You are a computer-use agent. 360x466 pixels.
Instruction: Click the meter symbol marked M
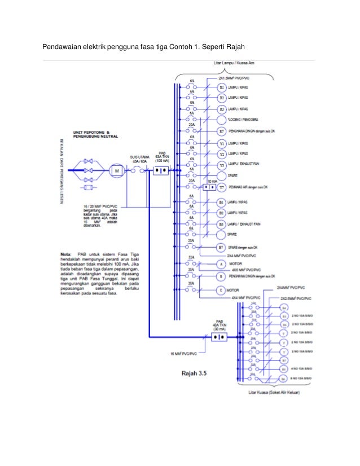pos(117,170)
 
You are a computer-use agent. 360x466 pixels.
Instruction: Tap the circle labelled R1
pos(222,89)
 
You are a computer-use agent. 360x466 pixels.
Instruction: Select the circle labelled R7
pos(222,131)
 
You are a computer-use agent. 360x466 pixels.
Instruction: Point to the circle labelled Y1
pos(222,144)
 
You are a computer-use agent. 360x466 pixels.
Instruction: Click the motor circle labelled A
pos(222,263)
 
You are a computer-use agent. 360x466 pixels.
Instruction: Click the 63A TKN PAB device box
pos(162,170)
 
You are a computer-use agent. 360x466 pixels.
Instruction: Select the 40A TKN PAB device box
pos(219,336)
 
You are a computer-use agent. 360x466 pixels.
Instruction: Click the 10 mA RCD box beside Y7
pos(209,186)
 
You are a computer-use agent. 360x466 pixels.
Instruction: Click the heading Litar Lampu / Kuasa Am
pos(236,63)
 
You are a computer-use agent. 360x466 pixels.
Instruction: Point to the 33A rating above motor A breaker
pos(191,257)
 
